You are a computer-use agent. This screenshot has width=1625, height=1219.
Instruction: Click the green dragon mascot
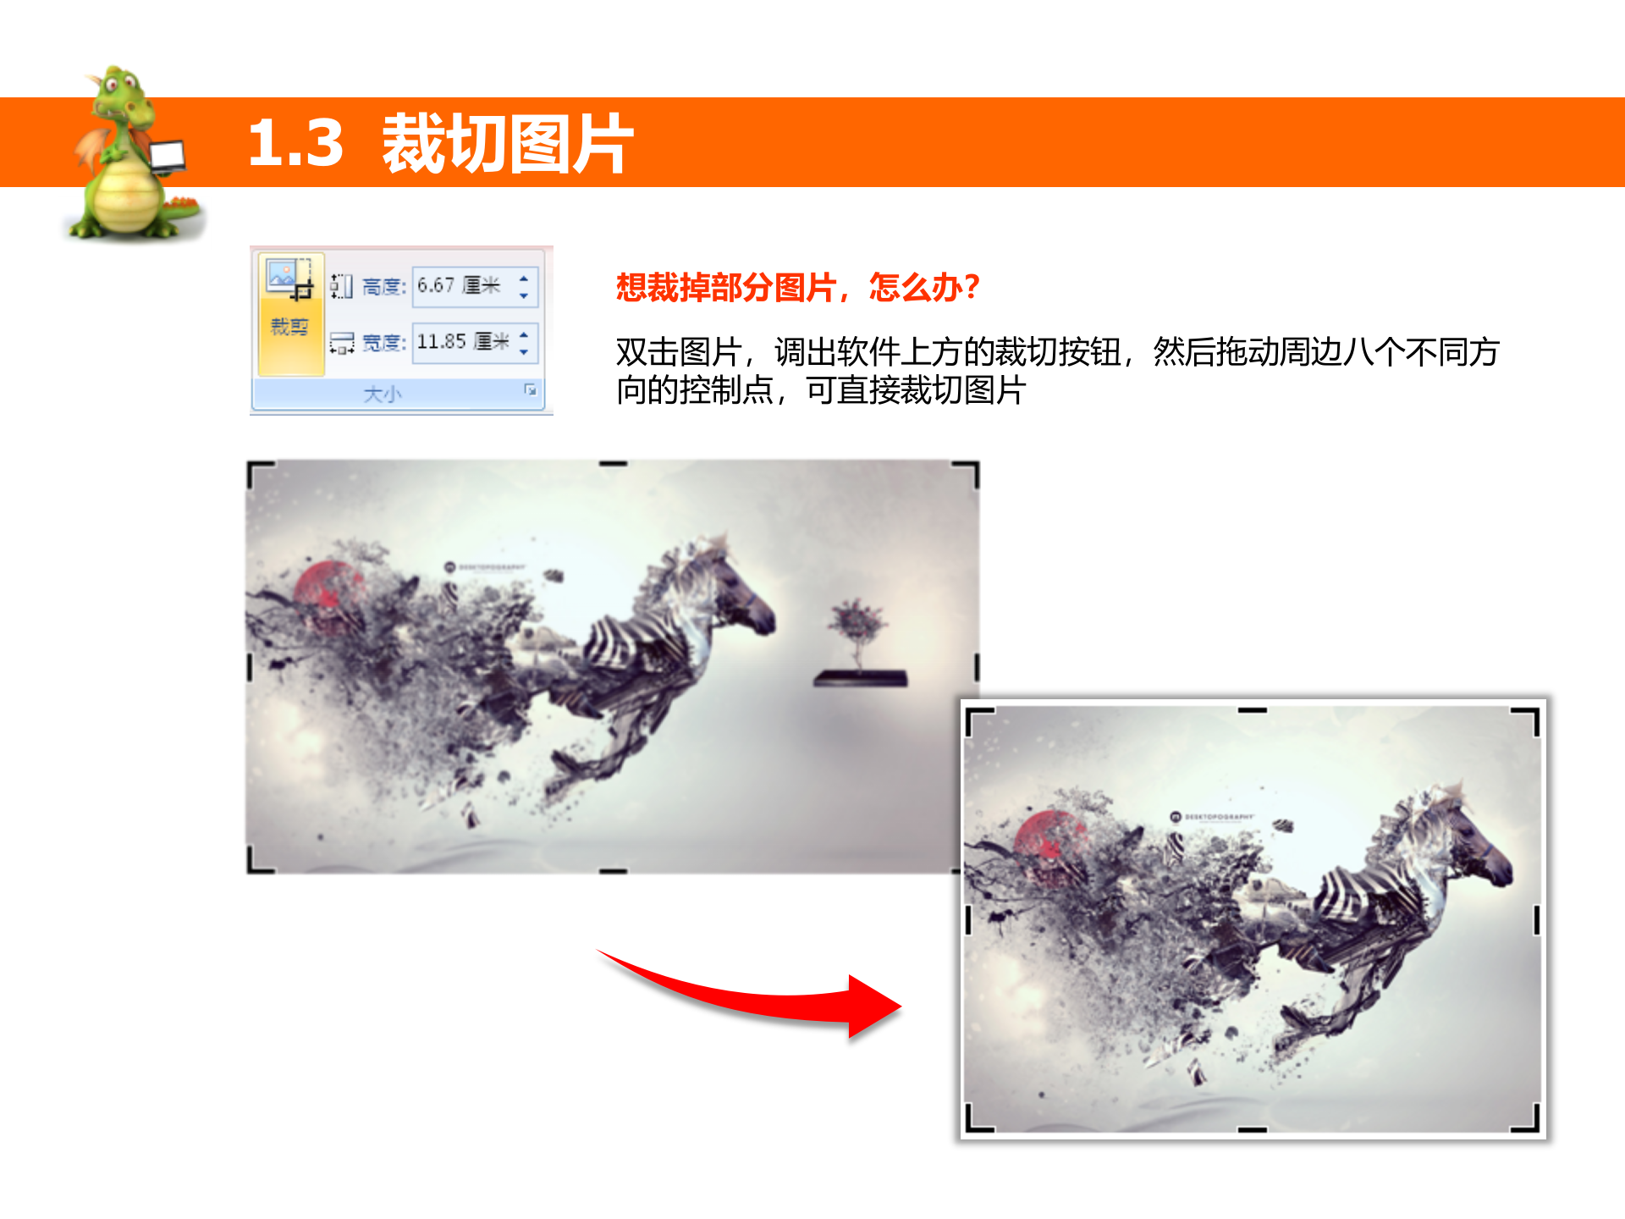click(127, 161)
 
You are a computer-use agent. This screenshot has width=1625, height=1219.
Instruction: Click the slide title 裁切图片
click(508, 144)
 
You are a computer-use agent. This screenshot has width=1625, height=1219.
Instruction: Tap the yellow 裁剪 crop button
click(289, 313)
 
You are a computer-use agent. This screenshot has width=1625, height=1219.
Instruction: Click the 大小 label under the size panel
click(383, 394)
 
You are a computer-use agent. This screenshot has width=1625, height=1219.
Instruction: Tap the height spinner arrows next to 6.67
click(524, 286)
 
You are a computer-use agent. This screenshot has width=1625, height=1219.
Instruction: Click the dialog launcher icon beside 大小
click(531, 389)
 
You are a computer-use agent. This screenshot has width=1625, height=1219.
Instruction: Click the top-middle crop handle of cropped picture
click(1253, 710)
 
